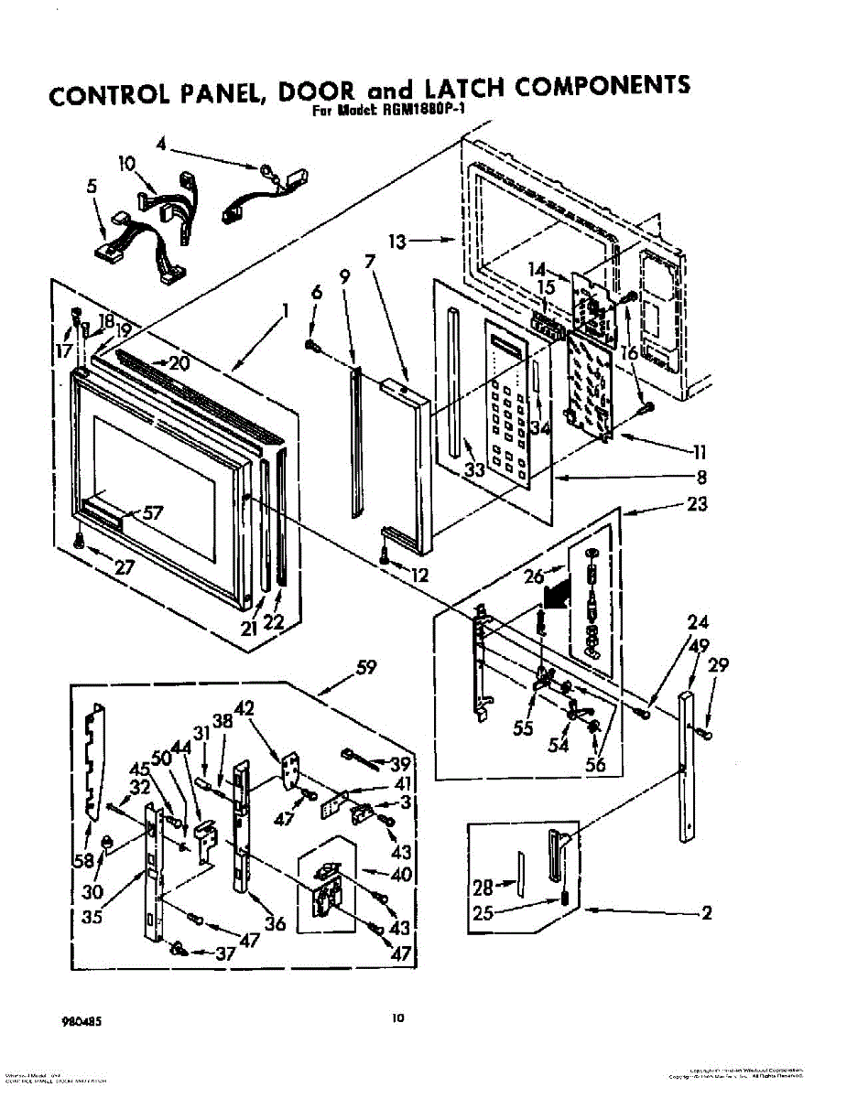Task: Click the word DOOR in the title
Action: pyautogui.click(x=316, y=91)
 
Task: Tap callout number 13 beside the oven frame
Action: pyautogui.click(x=396, y=242)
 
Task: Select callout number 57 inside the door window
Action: pyautogui.click(x=154, y=513)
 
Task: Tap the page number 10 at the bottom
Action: pyautogui.click(x=396, y=1017)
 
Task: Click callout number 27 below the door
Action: pyautogui.click(x=125, y=566)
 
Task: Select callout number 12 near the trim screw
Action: pyautogui.click(x=419, y=576)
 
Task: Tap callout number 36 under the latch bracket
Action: pyautogui.click(x=275, y=923)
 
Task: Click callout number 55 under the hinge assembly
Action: pyautogui.click(x=523, y=730)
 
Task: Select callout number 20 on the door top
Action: pyautogui.click(x=179, y=363)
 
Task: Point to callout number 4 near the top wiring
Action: pyautogui.click(x=160, y=143)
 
